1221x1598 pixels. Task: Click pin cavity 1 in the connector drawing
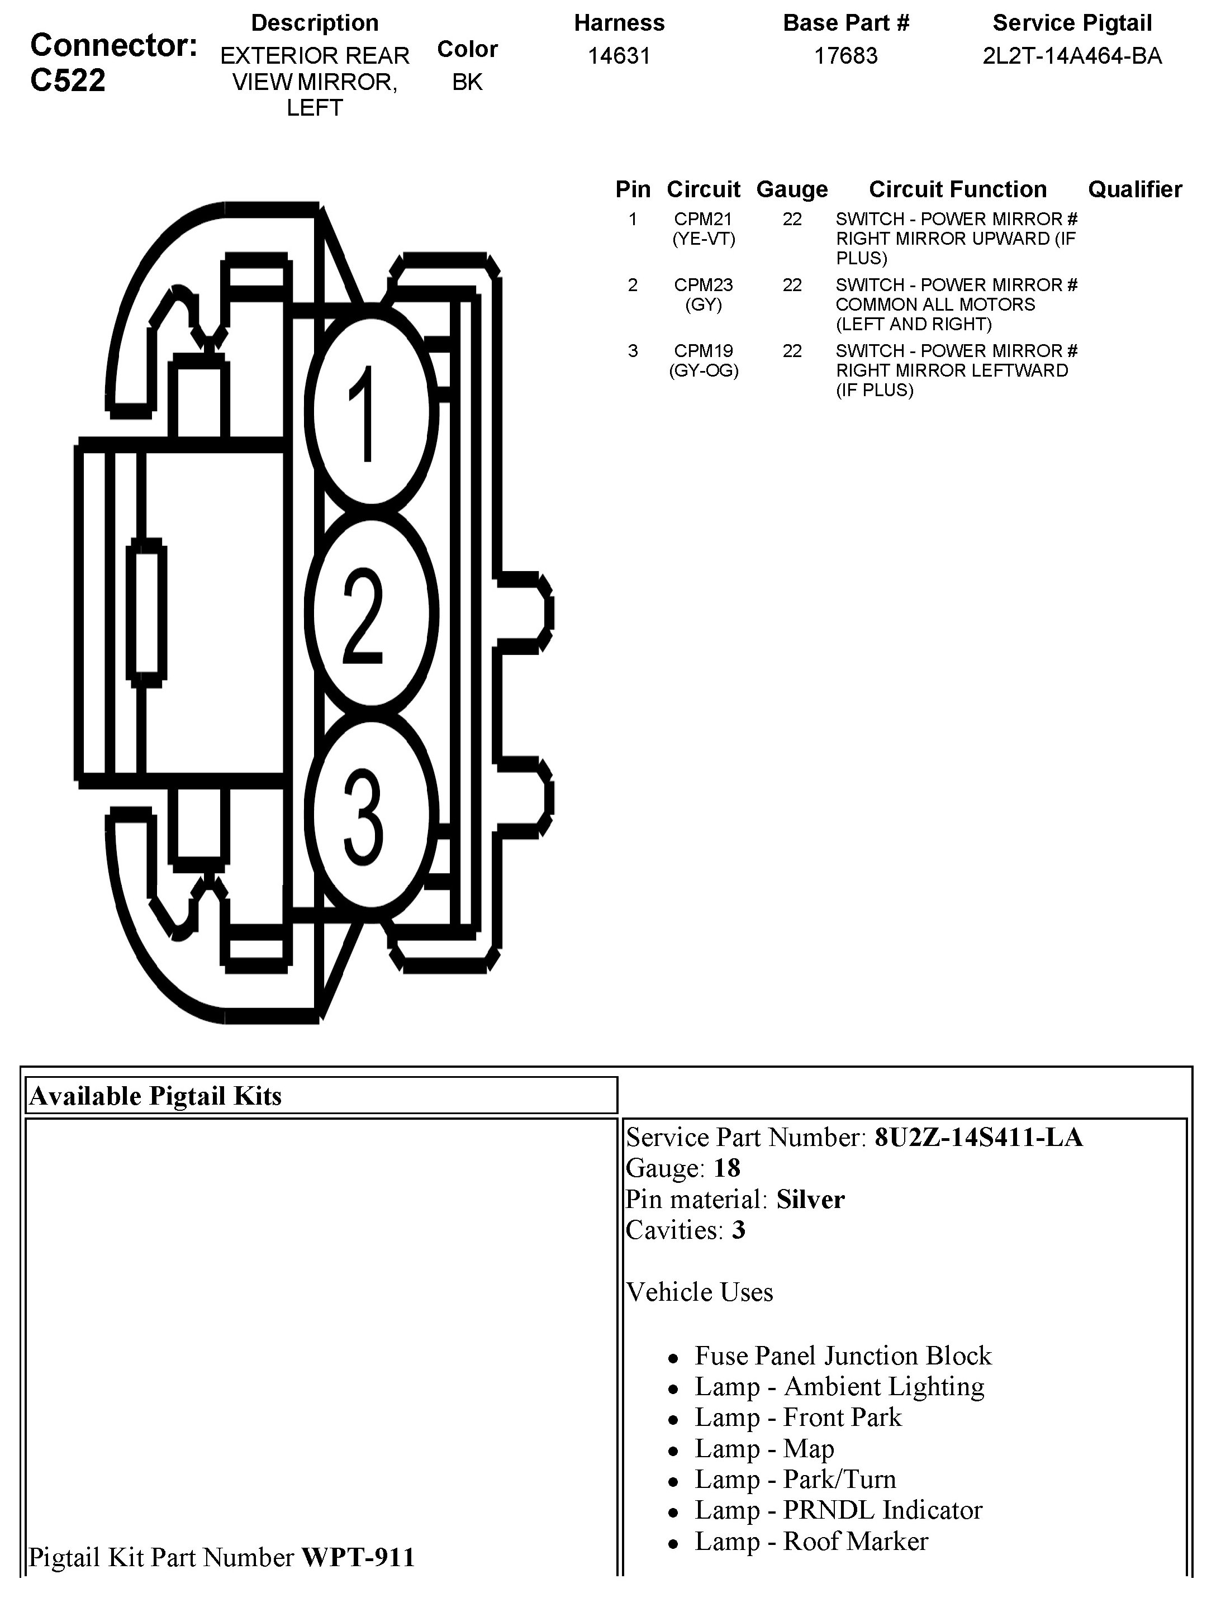pyautogui.click(x=370, y=411)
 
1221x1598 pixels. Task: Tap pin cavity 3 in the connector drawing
pyautogui.click(x=370, y=815)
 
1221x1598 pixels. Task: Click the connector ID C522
pyautogui.click(x=68, y=80)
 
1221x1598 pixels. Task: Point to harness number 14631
pyautogui.click(x=619, y=55)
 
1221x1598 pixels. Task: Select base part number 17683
pyautogui.click(x=846, y=55)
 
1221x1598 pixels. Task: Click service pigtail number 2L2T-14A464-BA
pyautogui.click(x=1072, y=55)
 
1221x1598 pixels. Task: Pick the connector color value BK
pyautogui.click(x=467, y=82)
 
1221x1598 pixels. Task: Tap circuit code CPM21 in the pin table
pyautogui.click(x=704, y=218)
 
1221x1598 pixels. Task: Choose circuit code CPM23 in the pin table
pyautogui.click(x=704, y=285)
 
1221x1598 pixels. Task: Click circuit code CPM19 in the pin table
pyautogui.click(x=704, y=351)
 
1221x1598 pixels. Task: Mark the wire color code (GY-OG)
pyautogui.click(x=704, y=370)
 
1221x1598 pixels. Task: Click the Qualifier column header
pyautogui.click(x=1134, y=189)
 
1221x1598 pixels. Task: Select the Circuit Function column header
pyautogui.click(x=958, y=189)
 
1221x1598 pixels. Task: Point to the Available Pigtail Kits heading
pyautogui.click(x=155, y=1096)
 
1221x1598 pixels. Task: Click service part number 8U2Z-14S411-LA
pyautogui.click(x=978, y=1137)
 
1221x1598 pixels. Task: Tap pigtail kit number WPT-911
pyautogui.click(x=358, y=1557)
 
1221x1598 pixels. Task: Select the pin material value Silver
pyautogui.click(x=810, y=1199)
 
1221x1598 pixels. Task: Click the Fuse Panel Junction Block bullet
pyautogui.click(x=843, y=1356)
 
